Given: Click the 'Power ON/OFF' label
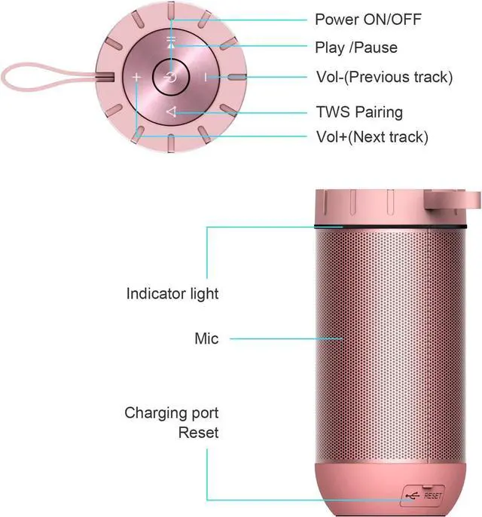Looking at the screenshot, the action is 368,20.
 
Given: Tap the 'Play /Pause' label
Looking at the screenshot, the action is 356,47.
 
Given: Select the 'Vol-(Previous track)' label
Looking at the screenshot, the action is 385,77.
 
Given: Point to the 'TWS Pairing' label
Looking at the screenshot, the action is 359,112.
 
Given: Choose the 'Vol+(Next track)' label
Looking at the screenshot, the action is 372,137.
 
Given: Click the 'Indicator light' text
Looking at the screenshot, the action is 172,294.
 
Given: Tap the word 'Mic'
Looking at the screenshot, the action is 206,338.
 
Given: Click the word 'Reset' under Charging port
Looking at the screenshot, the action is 198,433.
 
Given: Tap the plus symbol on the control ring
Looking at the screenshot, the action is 136,78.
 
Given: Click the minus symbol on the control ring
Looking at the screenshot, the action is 206,78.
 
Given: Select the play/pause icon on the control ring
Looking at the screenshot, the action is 171,42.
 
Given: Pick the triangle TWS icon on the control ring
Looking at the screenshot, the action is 171,112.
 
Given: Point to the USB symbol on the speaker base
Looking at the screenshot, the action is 413,496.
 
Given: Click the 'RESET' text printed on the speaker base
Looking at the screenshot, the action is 432,496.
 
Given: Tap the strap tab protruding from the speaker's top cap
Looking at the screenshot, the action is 452,200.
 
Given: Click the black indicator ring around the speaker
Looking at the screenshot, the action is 390,227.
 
